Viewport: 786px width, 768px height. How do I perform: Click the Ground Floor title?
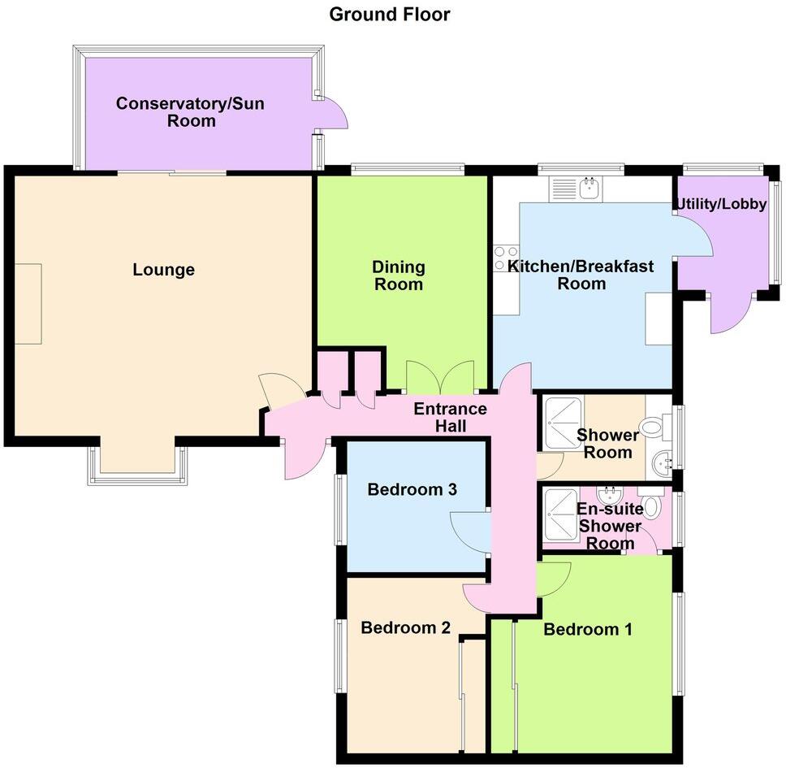pyautogui.click(x=389, y=14)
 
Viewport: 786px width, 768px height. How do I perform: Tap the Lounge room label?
pyautogui.click(x=163, y=270)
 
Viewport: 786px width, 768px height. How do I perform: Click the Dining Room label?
pyautogui.click(x=398, y=276)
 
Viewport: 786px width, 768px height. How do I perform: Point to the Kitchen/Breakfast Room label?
pyautogui.click(x=581, y=275)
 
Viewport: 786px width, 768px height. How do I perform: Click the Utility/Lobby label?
pyautogui.click(x=719, y=204)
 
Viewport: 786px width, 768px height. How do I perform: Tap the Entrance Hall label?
pyautogui.click(x=450, y=418)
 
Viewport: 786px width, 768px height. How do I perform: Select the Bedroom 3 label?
pyautogui.click(x=412, y=489)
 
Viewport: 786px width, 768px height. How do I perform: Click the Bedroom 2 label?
pyautogui.click(x=405, y=627)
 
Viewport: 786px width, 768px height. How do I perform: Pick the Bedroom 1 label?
pyautogui.click(x=588, y=629)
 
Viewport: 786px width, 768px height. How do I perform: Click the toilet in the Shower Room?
pyautogui.click(x=654, y=427)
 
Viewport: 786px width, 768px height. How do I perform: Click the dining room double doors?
pyautogui.click(x=439, y=377)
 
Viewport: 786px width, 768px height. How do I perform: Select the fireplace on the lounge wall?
pyautogui.click(x=28, y=303)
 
